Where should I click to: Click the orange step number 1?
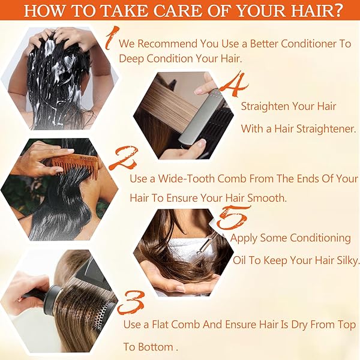pyautogui.click(x=112, y=37)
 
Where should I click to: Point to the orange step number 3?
pyautogui.click(x=131, y=303)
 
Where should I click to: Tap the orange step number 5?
pyautogui.click(x=232, y=218)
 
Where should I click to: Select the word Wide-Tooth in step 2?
pyautogui.click(x=186, y=179)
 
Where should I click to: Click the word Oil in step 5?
pyautogui.click(x=239, y=260)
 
